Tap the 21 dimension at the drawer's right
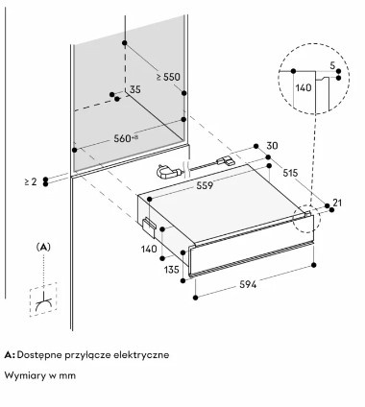pos(337,203)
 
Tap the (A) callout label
pos(43,247)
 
